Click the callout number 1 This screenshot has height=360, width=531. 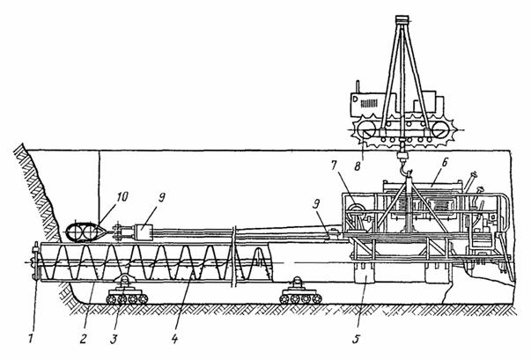[31, 339]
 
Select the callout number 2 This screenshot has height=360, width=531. [84, 339]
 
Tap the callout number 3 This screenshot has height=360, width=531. [114, 339]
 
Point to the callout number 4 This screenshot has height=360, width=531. [174, 339]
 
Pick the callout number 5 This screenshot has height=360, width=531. [356, 339]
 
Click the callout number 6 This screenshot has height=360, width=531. [445, 163]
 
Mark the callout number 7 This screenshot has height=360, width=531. [335, 165]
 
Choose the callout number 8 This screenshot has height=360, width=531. [358, 165]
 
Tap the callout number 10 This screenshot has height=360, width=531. [122, 196]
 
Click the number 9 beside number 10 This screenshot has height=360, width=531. [161, 198]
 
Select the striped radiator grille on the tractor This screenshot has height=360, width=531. [369, 103]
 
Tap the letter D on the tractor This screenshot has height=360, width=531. [355, 99]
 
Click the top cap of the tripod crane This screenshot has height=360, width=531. [402, 19]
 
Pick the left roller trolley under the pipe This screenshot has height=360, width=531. [126, 292]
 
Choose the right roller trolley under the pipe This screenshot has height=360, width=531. [300, 292]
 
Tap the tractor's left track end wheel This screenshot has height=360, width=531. [365, 130]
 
